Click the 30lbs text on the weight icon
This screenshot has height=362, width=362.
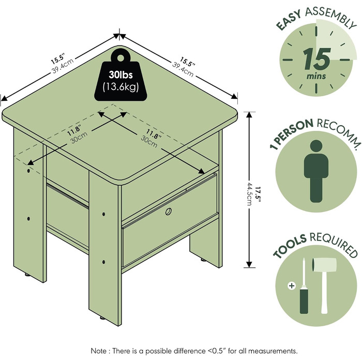point(120,74)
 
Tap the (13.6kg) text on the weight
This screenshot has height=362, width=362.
point(120,87)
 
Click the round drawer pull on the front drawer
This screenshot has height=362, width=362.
point(169,211)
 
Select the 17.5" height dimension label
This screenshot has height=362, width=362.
point(259,194)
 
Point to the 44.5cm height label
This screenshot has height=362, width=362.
point(250,194)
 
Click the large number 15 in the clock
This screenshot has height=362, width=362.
point(316,58)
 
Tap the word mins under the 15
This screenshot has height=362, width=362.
point(316,76)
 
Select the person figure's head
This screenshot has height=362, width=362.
point(316,146)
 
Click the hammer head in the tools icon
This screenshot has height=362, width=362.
point(324,265)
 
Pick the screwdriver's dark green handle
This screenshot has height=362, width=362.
point(304,300)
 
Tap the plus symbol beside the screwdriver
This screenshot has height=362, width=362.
point(292,286)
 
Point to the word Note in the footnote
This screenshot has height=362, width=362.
point(99,351)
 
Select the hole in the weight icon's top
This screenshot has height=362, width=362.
point(120,58)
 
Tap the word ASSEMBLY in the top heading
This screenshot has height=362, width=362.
point(330,17)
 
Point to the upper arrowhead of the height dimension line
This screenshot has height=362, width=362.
point(249,115)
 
